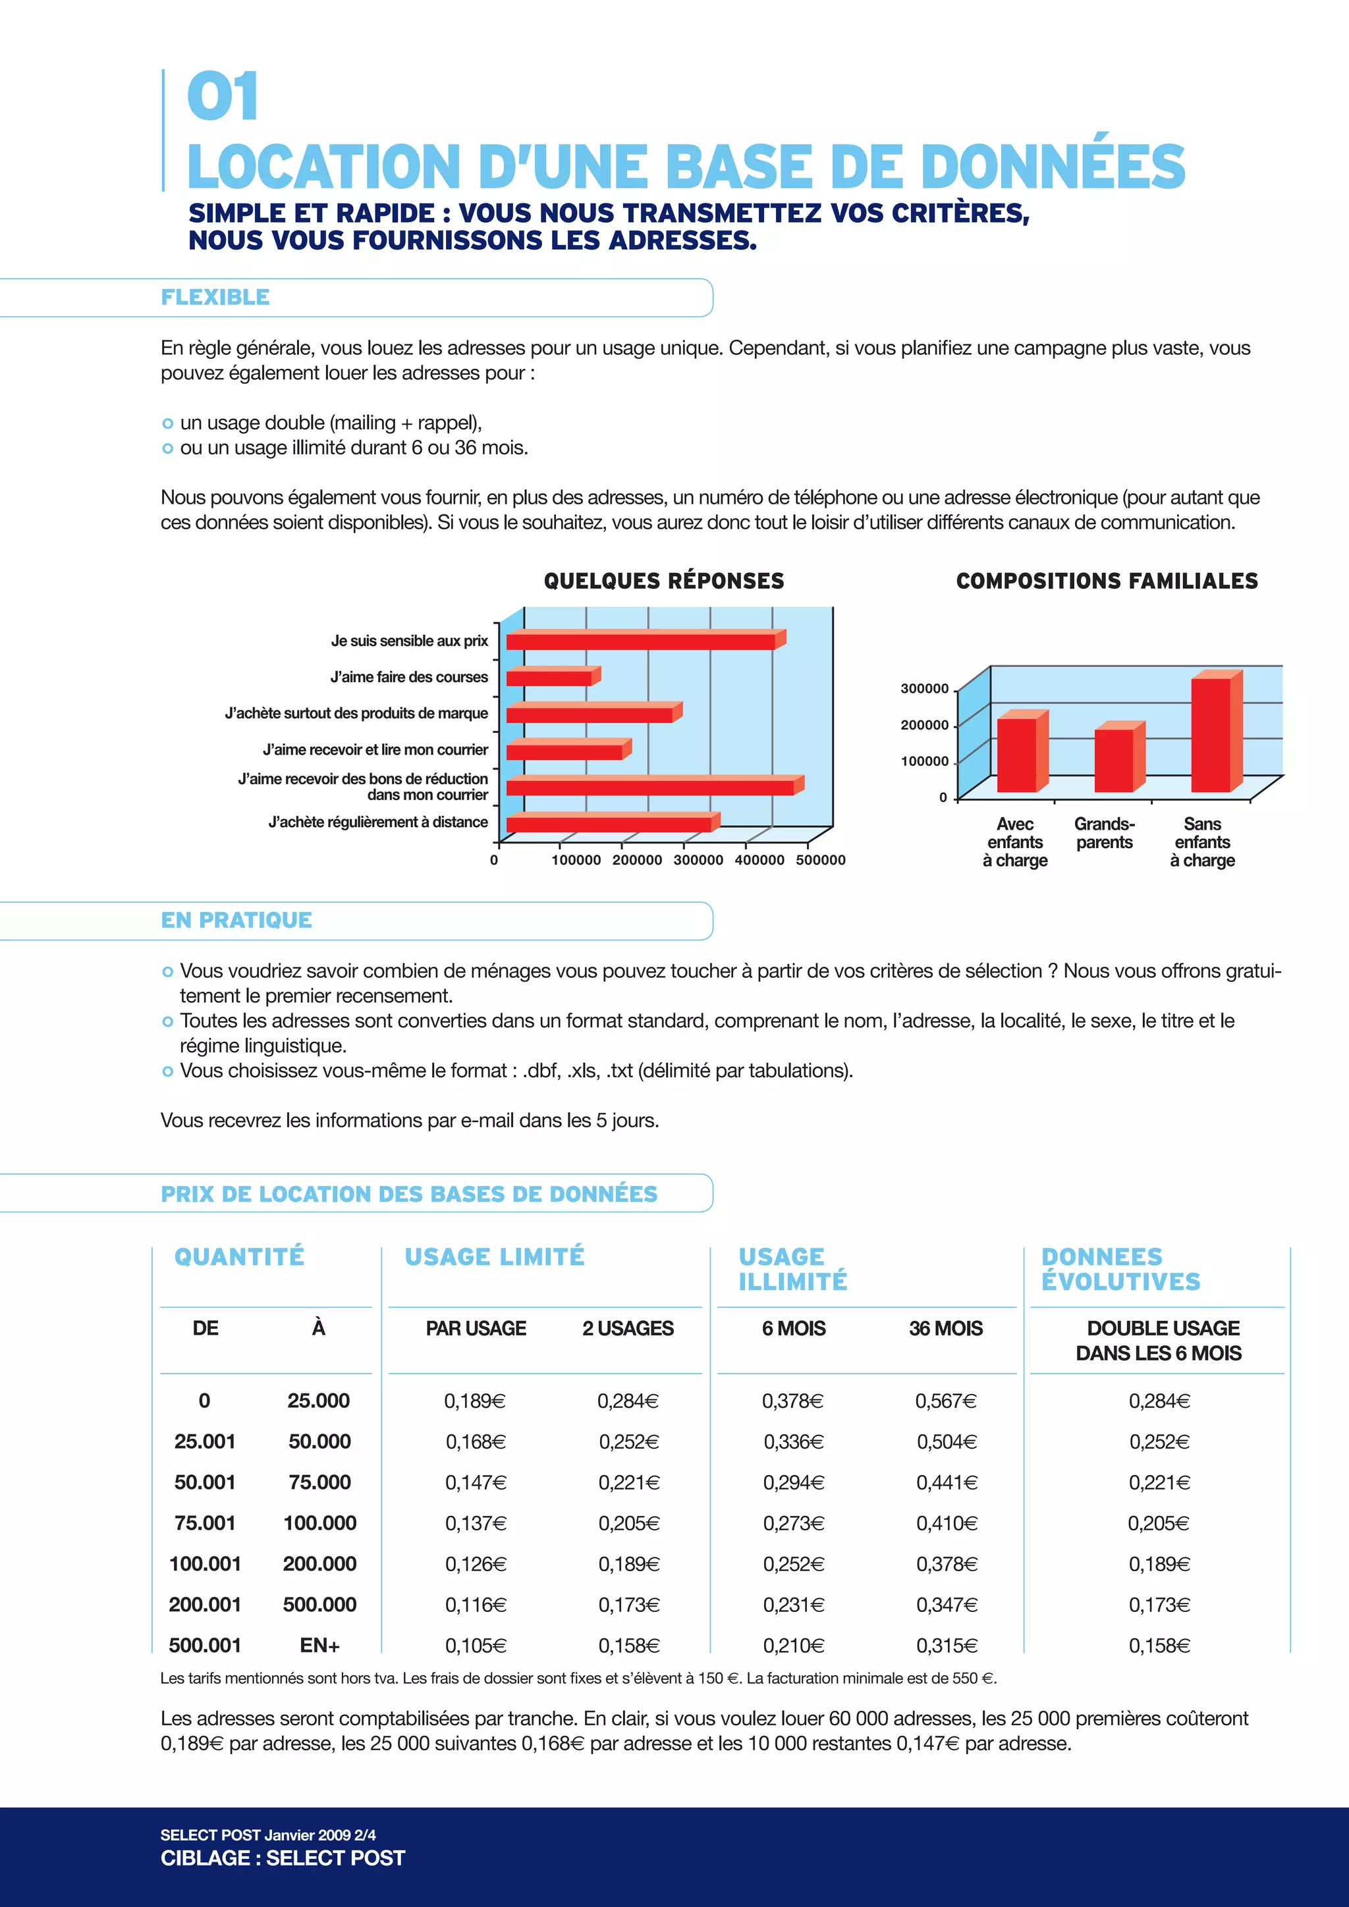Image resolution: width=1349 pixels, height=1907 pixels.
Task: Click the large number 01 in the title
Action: click(223, 97)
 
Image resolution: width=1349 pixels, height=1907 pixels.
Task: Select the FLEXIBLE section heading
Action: click(215, 298)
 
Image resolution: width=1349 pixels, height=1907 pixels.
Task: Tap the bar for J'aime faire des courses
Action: click(550, 678)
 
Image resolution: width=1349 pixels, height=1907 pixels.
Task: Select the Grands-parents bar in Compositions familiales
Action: click(1115, 759)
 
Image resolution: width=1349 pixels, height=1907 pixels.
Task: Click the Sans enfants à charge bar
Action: click(1211, 734)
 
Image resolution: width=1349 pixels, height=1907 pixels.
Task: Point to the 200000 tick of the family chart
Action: click(925, 725)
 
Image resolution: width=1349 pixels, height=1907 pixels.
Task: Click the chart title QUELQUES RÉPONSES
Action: click(664, 581)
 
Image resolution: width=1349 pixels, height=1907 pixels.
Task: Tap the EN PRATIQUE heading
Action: click(236, 921)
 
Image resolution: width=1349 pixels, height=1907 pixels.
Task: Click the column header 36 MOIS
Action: click(945, 1328)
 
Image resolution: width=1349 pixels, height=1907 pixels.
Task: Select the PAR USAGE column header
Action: click(476, 1328)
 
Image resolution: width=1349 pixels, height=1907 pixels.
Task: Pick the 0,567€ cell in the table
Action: click(945, 1401)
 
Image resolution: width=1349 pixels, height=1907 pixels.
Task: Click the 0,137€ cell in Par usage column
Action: click(475, 1523)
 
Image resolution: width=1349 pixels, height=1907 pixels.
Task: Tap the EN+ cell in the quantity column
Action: click(320, 1646)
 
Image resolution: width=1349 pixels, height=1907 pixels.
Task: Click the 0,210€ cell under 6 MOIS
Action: click(793, 1646)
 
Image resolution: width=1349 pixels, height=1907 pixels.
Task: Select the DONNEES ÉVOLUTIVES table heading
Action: click(1120, 1268)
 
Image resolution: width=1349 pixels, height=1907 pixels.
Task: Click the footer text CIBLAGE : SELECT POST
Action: click(283, 1858)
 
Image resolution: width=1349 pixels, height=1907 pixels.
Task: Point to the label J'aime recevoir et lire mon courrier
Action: click(375, 750)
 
